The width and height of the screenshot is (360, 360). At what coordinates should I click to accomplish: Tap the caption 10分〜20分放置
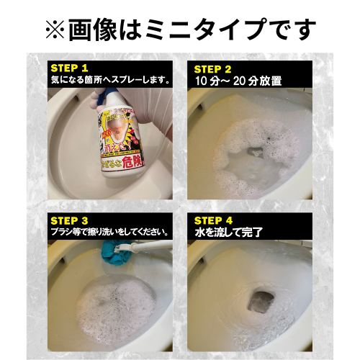[232, 81]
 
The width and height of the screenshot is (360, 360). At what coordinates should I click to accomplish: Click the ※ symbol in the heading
[55, 29]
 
